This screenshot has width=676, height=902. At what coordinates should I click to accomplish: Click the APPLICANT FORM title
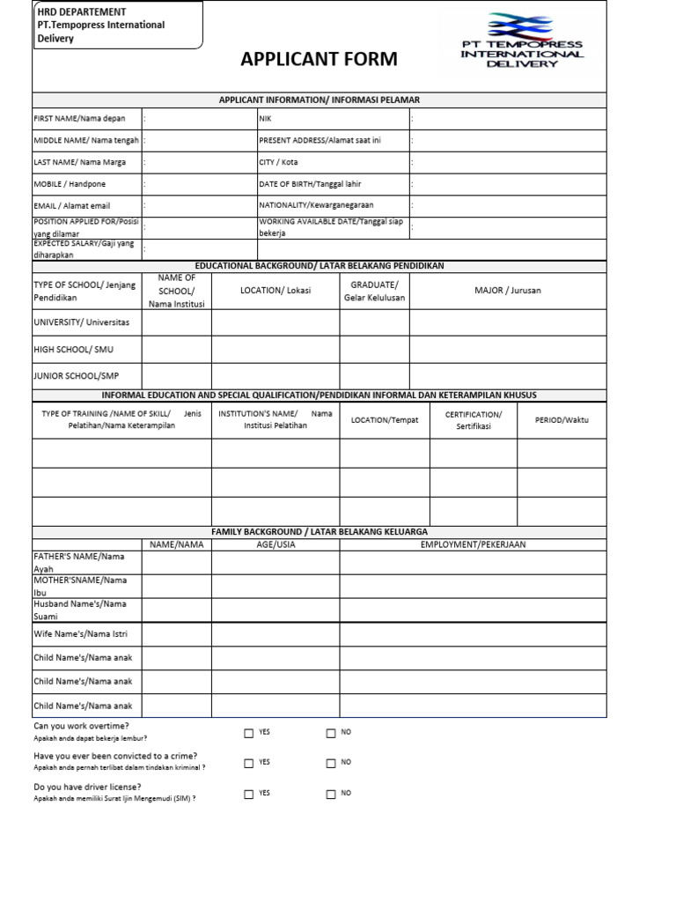tap(319, 60)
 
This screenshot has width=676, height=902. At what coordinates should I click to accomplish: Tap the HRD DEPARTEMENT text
tap(81, 12)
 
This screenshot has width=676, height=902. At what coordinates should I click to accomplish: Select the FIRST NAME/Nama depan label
tap(79, 119)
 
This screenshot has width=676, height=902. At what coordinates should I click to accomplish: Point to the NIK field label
tap(265, 119)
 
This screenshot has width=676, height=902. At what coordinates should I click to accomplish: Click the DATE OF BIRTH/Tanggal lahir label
tap(310, 184)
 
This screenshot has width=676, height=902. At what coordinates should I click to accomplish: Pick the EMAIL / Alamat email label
tap(72, 206)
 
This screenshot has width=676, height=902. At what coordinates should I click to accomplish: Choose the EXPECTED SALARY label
tap(79, 249)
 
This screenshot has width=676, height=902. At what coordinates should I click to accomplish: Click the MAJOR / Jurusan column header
tap(508, 291)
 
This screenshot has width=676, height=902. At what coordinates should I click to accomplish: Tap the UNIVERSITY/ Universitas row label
tap(81, 322)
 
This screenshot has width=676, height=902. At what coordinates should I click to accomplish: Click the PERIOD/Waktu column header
tap(562, 420)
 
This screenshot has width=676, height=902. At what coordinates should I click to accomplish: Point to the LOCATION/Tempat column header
tap(385, 420)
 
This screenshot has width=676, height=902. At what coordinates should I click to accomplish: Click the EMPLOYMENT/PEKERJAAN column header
tap(473, 544)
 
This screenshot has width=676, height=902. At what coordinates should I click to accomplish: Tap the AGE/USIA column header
tap(276, 544)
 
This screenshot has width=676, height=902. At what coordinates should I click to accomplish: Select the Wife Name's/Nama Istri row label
tap(81, 633)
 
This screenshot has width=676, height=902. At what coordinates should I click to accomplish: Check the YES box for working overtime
tap(249, 733)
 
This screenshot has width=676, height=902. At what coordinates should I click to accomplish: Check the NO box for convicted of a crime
tap(331, 763)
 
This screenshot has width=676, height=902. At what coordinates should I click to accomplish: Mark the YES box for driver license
tap(249, 794)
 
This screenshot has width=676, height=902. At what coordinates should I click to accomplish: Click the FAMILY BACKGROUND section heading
tap(320, 532)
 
